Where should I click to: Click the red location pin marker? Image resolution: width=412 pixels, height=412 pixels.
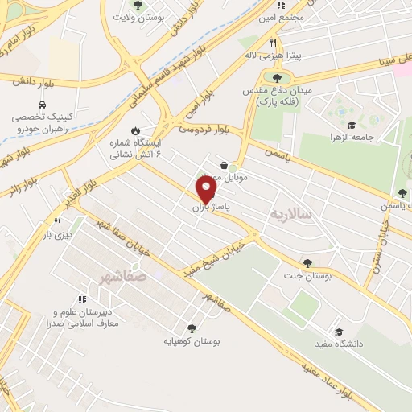click(207, 189)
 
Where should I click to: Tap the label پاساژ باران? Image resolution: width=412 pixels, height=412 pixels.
click(211, 208)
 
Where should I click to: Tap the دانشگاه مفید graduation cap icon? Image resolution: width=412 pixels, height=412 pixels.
click(339, 332)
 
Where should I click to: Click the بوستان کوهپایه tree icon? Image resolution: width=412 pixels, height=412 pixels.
click(191, 328)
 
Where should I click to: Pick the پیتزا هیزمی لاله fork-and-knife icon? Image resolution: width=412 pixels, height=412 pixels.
click(274, 43)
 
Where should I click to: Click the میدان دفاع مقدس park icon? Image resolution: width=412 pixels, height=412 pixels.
click(277, 78)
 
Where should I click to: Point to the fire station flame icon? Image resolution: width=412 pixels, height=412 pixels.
click(135, 129)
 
